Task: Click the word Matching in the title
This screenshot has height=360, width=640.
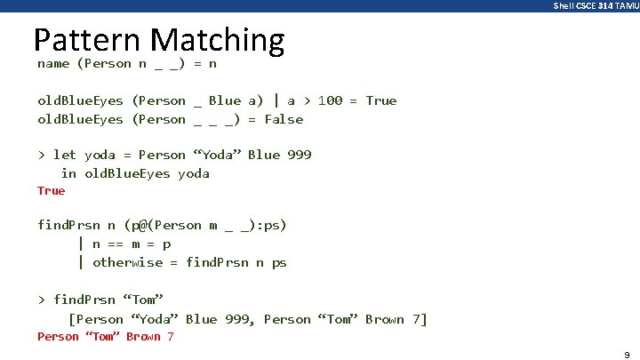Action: [x=217, y=41]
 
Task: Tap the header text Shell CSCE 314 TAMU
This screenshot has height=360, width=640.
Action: [x=595, y=5]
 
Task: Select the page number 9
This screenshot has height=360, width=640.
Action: [x=627, y=354]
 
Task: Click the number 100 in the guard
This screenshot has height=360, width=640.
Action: [x=330, y=100]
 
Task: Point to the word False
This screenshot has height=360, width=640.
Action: [x=284, y=119]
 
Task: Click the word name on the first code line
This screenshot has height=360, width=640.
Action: [x=53, y=64]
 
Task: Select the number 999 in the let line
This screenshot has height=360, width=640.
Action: [x=300, y=155]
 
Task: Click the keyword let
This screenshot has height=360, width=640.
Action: [x=65, y=155]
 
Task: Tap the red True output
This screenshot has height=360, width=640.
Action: [x=51, y=190]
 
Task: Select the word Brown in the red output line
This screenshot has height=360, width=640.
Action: [x=142, y=336]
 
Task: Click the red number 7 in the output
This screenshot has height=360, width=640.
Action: [x=170, y=336]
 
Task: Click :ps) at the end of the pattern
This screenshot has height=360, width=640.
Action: [x=271, y=225]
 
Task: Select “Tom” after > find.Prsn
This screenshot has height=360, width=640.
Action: [x=143, y=300]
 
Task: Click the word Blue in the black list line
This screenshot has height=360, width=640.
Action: [x=201, y=319]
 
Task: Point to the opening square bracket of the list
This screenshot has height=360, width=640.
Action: [x=72, y=319]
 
